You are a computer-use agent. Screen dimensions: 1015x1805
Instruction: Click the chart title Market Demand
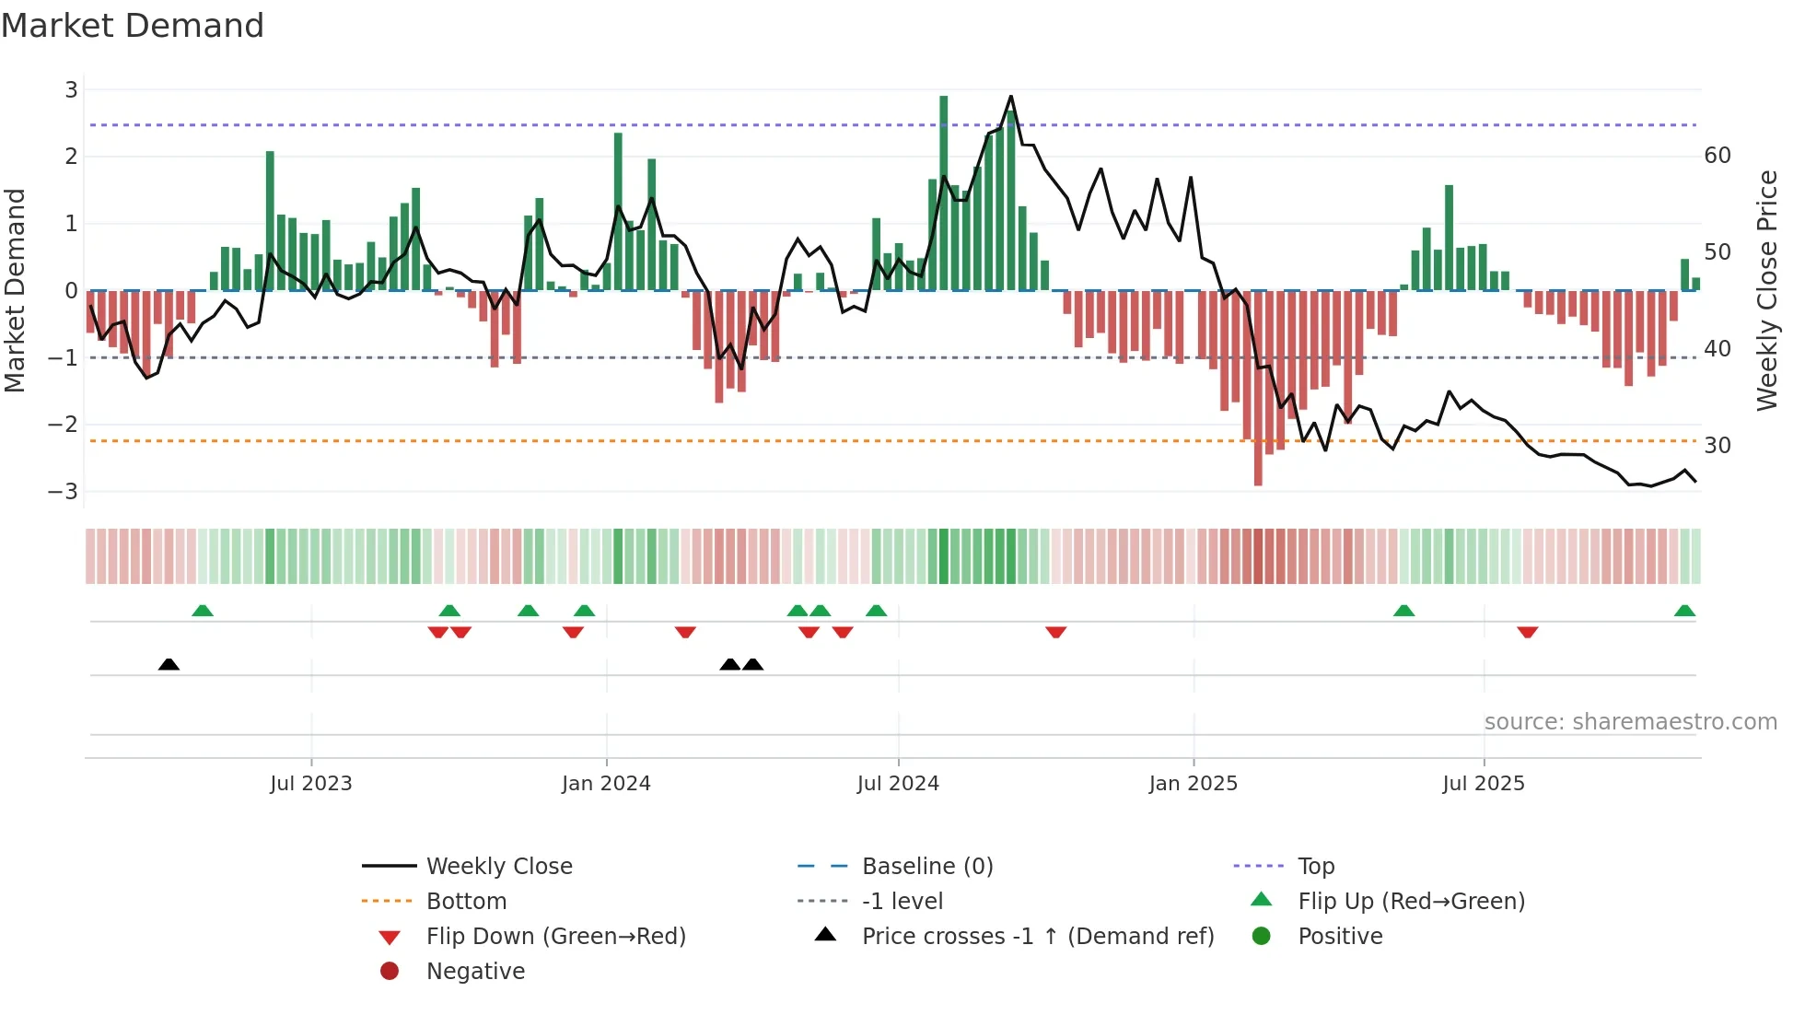[133, 26]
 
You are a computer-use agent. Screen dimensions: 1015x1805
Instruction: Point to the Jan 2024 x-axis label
[606, 784]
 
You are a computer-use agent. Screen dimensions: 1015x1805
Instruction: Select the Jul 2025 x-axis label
[1484, 784]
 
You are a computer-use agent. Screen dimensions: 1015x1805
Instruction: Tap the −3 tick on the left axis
[64, 492]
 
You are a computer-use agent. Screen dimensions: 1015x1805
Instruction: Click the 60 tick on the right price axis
[1718, 156]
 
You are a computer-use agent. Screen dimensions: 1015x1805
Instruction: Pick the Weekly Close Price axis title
[1766, 290]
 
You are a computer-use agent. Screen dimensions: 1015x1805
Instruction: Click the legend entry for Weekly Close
[498, 867]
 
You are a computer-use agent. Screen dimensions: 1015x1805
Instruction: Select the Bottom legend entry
[466, 902]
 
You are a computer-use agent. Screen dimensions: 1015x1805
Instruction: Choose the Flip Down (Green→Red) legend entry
[555, 937]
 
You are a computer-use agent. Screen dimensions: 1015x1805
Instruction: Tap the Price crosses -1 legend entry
[1037, 937]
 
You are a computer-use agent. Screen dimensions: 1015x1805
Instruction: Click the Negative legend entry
[475, 972]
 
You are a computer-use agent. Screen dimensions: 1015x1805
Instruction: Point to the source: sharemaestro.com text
[1630, 722]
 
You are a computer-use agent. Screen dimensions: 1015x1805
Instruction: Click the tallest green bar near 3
[943, 193]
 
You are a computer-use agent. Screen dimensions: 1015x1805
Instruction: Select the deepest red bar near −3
[1258, 387]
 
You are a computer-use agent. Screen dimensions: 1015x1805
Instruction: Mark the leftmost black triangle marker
[169, 665]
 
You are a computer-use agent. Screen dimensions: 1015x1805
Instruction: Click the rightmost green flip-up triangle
[1684, 611]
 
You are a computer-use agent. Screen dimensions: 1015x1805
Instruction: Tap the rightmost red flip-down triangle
[1527, 632]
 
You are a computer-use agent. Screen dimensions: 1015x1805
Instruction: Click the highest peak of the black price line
[1010, 97]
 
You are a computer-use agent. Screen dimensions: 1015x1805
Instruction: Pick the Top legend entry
[1315, 867]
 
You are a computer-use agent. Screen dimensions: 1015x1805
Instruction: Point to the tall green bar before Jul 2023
[270, 221]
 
